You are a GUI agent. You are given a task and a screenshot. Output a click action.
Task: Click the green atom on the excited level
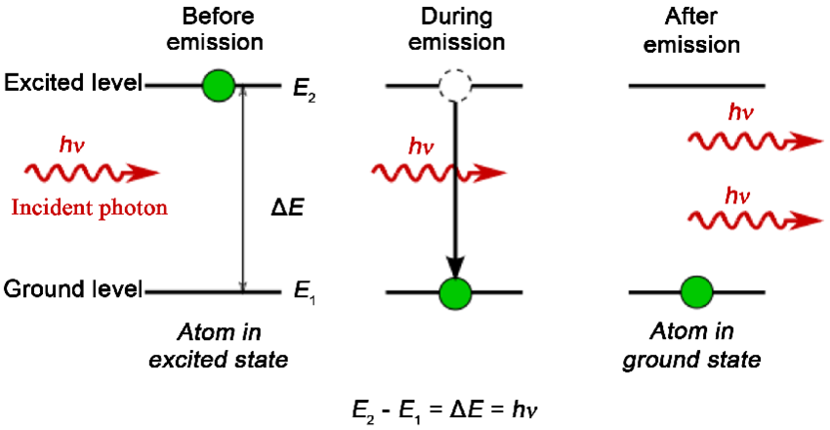[x=219, y=86]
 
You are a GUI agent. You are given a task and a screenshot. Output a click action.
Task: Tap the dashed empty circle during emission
[x=455, y=86]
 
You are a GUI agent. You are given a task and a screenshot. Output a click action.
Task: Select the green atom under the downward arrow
[x=455, y=291]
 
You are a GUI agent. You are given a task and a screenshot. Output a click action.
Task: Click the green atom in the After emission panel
[x=695, y=291]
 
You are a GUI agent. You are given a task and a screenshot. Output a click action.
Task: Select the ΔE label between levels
[x=289, y=208]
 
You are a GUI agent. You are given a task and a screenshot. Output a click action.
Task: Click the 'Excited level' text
[x=74, y=84]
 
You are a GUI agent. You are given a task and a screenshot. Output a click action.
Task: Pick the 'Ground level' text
[x=74, y=289]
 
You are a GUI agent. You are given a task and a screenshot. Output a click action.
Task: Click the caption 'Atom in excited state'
[x=218, y=346]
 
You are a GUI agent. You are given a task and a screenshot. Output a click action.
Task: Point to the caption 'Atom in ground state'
[x=695, y=346]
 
